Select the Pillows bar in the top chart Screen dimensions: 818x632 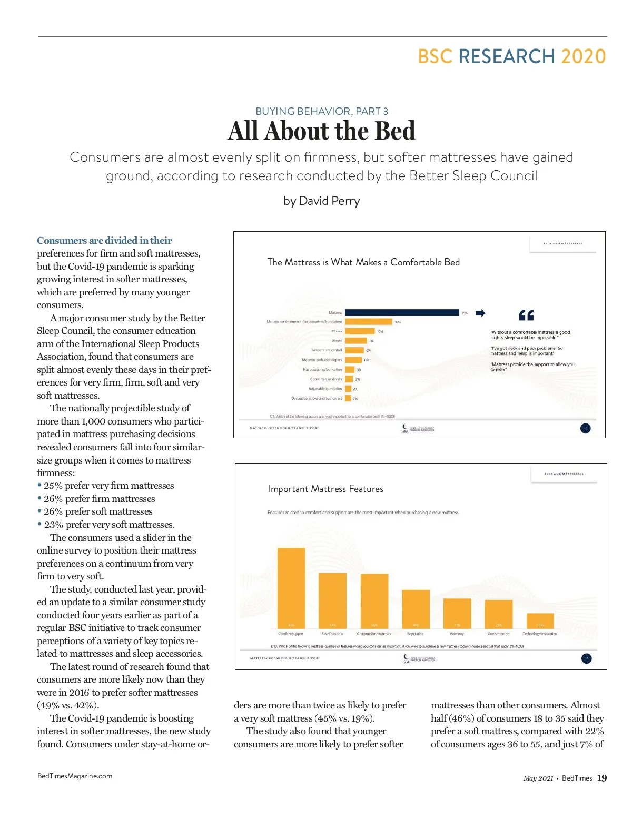360,331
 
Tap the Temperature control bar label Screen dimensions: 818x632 326,350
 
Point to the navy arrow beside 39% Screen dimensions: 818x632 480,313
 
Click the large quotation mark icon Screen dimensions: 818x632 526,315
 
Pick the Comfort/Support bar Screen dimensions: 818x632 291,588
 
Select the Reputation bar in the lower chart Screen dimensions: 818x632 416,609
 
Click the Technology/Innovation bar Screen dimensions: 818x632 540,620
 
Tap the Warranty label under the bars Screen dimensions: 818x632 457,634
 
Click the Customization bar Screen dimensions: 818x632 498,614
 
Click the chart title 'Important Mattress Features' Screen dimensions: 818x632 325,489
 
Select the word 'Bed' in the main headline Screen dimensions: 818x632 394,131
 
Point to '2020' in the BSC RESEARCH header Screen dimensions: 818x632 583,56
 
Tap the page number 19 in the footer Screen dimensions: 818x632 602,778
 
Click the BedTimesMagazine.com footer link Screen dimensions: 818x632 75,776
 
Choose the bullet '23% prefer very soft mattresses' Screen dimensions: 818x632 109,525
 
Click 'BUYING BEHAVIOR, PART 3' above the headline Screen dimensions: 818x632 322,111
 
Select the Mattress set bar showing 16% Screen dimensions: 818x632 369,322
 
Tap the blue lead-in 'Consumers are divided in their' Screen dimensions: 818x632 104,241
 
